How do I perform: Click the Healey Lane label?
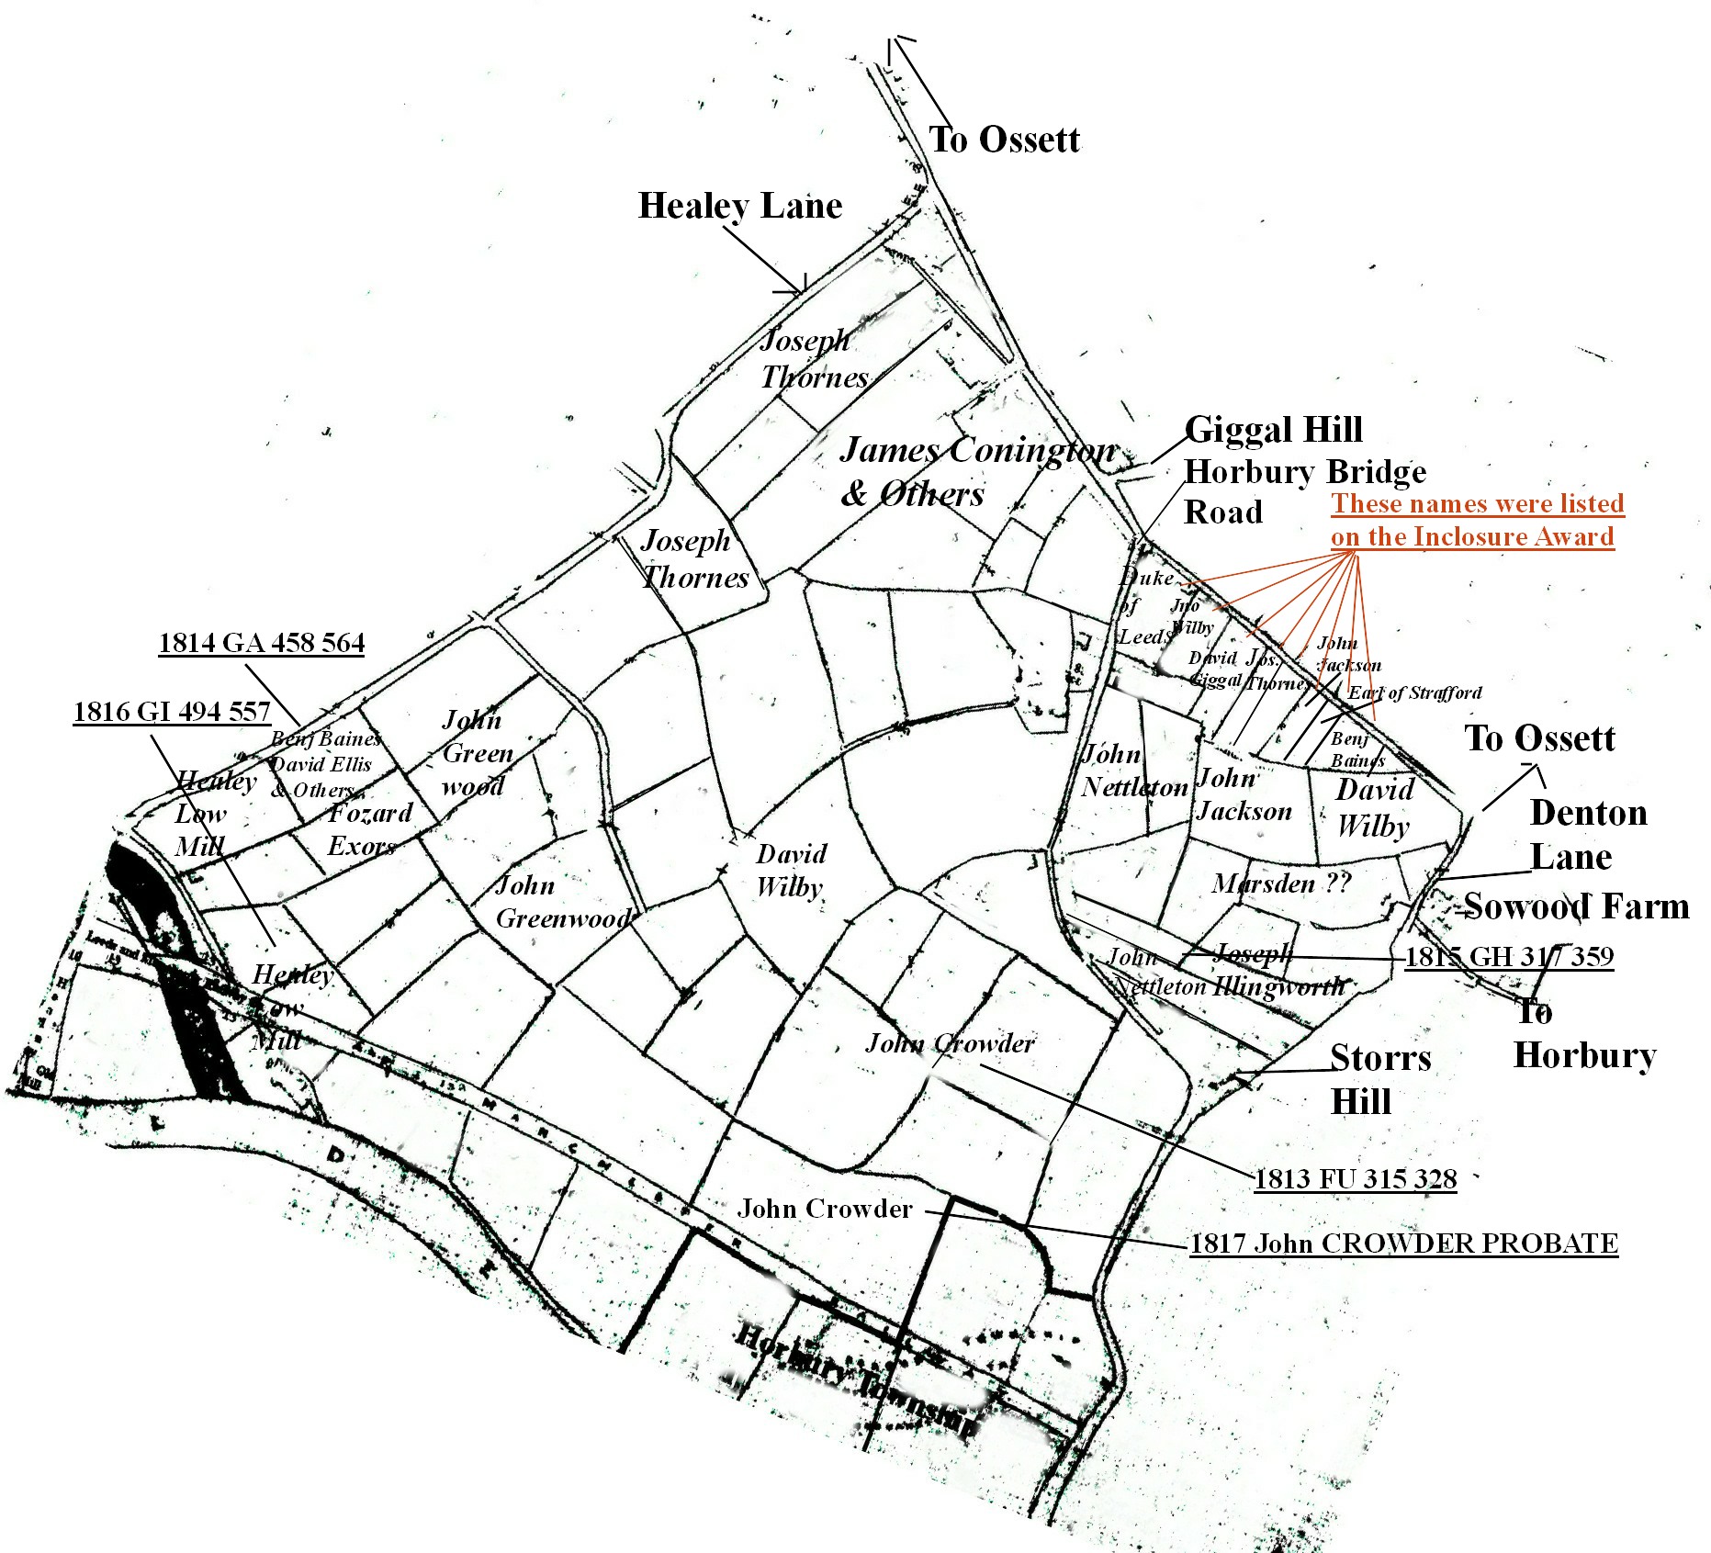pyautogui.click(x=739, y=207)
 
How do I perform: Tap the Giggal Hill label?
pyautogui.click(x=1273, y=430)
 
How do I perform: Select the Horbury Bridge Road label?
pyautogui.click(x=1304, y=491)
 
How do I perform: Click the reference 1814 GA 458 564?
pyautogui.click(x=262, y=643)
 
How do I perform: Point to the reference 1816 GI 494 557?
pyautogui.click(x=172, y=712)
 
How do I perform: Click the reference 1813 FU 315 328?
pyautogui.click(x=1356, y=1179)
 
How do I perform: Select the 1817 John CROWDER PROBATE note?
pyautogui.click(x=1403, y=1244)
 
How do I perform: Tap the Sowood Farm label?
pyautogui.click(x=1576, y=906)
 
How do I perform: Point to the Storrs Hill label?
pyautogui.click(x=1379, y=1079)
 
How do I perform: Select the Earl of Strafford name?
pyautogui.click(x=1414, y=693)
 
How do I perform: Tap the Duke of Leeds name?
pyautogui.click(x=1146, y=606)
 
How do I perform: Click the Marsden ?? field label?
pyautogui.click(x=1281, y=883)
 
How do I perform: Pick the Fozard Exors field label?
pyautogui.click(x=369, y=829)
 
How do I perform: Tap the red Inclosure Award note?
pyautogui.click(x=1477, y=520)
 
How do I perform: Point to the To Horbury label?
pyautogui.click(x=1583, y=1034)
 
